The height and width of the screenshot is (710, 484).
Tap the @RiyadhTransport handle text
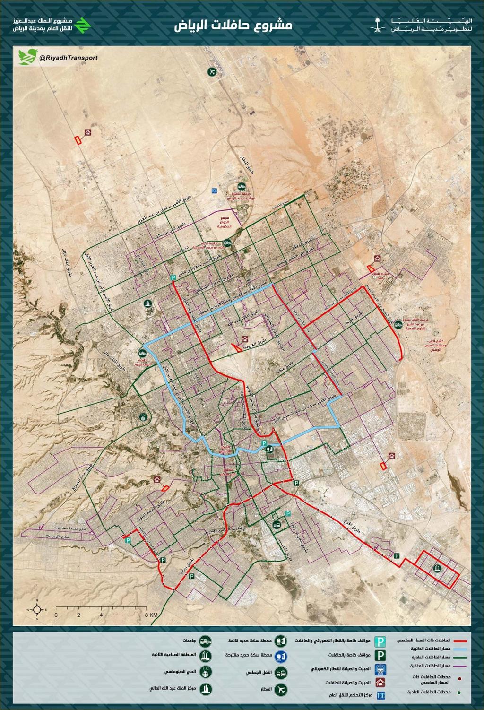pyautogui.click(x=69, y=58)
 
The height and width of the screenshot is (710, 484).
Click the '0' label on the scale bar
pyautogui.click(x=56, y=615)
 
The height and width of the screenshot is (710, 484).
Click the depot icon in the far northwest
pyautogui.click(x=87, y=133)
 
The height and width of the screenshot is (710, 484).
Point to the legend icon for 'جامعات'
pyautogui.click(x=204, y=641)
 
